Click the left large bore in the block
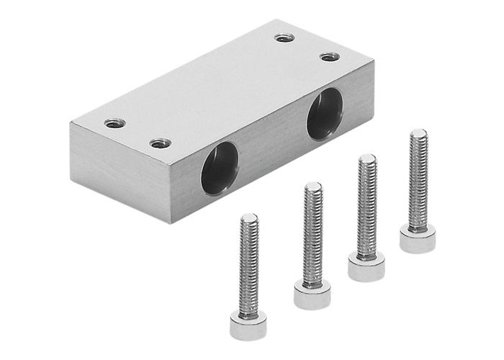(219, 168)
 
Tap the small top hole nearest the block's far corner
(285, 37)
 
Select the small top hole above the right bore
(329, 57)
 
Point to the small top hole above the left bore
(161, 143)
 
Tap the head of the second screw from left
(312, 294)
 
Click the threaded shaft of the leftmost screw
(249, 263)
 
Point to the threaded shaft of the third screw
(367, 205)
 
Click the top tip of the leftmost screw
(249, 216)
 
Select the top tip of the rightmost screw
(418, 132)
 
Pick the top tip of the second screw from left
(313, 185)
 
